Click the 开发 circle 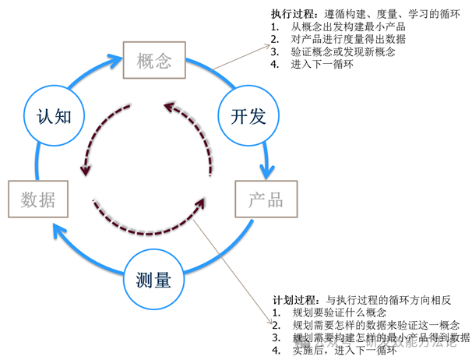(248, 117)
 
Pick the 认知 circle (54, 117)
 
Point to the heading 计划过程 (295, 299)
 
